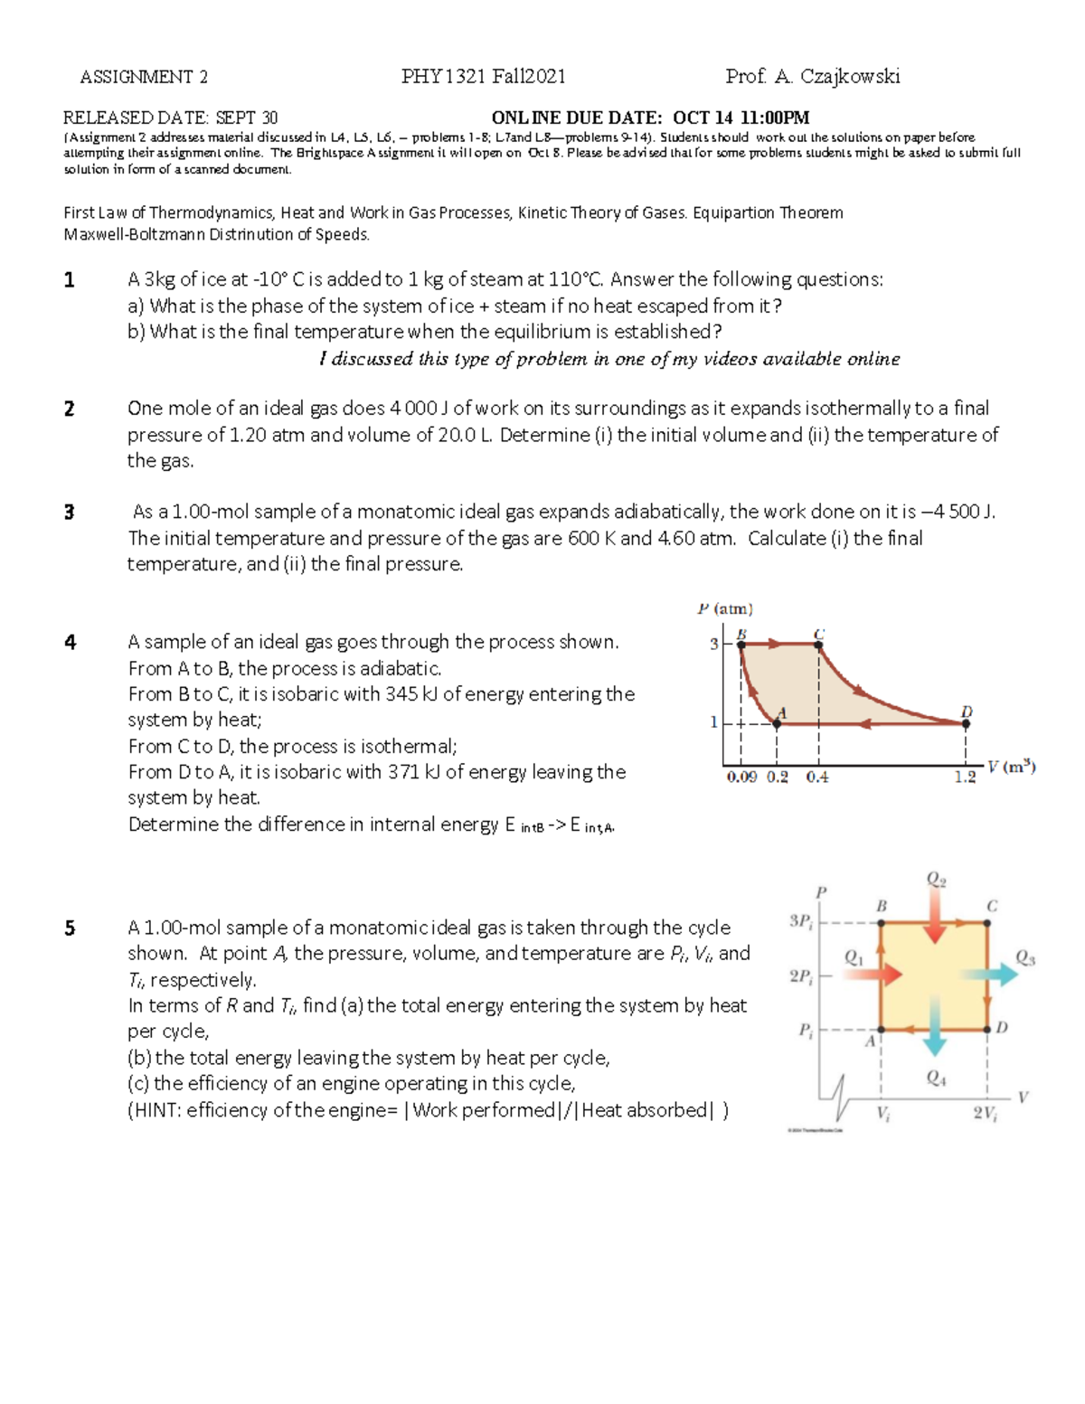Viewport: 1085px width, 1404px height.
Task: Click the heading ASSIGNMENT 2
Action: (x=144, y=77)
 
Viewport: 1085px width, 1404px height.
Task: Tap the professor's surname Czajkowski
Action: (x=850, y=77)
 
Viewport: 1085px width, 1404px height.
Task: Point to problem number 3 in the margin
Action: (x=70, y=513)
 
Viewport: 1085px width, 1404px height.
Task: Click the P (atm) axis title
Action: (x=725, y=609)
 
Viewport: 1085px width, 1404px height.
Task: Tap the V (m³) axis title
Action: (x=1011, y=767)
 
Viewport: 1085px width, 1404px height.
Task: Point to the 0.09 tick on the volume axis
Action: (x=741, y=777)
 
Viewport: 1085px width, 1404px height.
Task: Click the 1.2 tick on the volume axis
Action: (x=966, y=777)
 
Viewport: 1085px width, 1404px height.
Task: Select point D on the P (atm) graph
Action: (x=966, y=722)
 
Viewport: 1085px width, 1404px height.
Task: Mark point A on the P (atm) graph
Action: (x=777, y=722)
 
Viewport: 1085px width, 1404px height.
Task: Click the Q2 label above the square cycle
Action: (x=936, y=880)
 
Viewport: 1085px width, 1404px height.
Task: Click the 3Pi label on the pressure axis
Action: (x=801, y=921)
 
